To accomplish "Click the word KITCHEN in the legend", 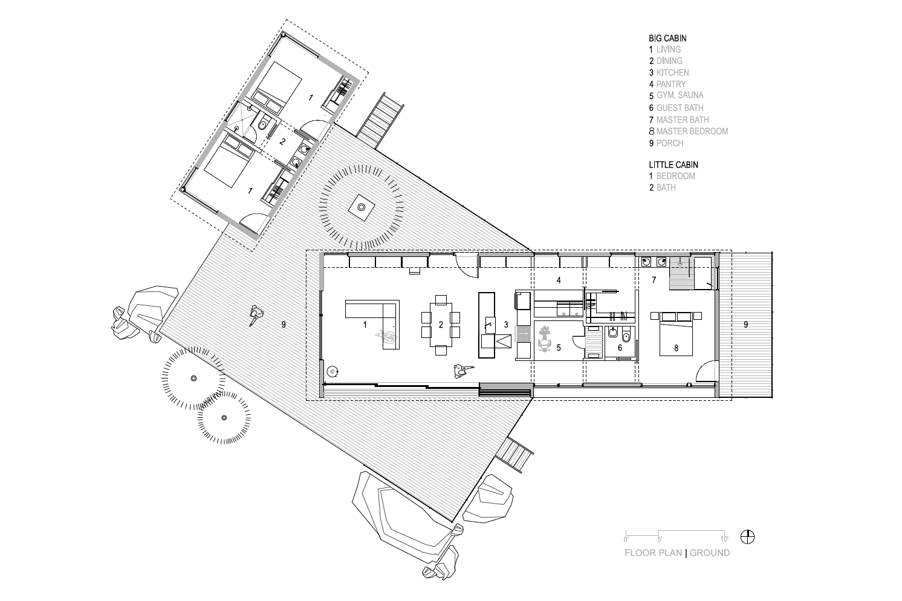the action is tap(672, 73).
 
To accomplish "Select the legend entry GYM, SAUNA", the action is tap(680, 96).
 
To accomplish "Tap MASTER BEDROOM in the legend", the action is tap(692, 131).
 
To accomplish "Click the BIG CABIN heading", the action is tap(667, 38).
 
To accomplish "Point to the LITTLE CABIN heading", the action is tap(673, 164).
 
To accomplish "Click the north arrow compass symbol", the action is tap(747, 537).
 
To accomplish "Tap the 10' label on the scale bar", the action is tap(724, 539).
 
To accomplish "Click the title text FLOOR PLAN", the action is tap(653, 553).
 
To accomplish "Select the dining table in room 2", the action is tap(441, 325).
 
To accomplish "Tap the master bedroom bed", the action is tap(676, 334).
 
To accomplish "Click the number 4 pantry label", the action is tap(559, 280).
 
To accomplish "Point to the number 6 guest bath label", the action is tap(620, 348).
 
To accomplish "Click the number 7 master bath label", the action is tap(654, 279).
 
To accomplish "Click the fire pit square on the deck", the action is tap(361, 207).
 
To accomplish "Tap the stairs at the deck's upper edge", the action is tap(380, 121).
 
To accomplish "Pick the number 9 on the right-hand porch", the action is tap(746, 324).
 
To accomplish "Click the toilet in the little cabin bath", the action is tap(264, 123).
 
